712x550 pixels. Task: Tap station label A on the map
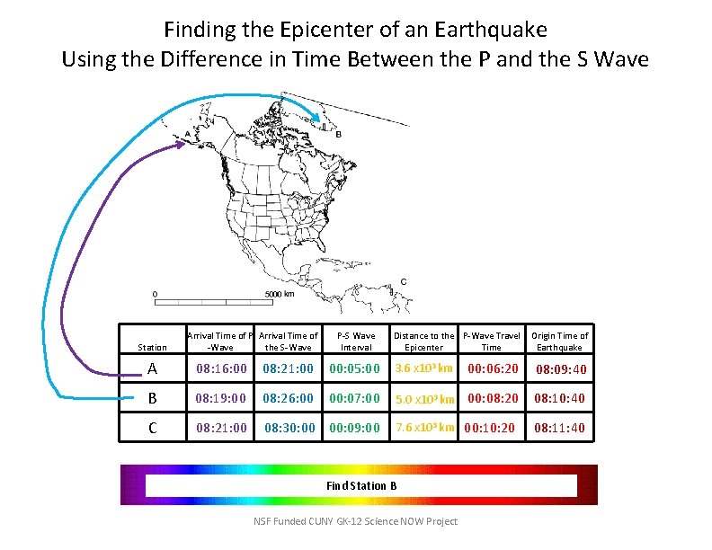tap(186, 136)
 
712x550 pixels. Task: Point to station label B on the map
tap(338, 136)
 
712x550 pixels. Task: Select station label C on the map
tap(403, 281)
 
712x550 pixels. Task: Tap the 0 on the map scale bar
tap(155, 294)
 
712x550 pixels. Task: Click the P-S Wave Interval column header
tap(356, 342)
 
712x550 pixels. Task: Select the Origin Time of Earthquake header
tap(559, 342)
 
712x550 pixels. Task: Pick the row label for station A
tap(152, 368)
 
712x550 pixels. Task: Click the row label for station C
tap(152, 428)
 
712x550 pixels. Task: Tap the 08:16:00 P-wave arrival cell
tap(221, 368)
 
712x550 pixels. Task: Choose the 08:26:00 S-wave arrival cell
tap(289, 398)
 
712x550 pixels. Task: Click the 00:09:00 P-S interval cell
tap(356, 428)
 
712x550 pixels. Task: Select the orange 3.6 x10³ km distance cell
tap(423, 368)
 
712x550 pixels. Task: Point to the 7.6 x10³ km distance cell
tap(423, 427)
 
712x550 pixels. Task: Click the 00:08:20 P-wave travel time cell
tap(492, 397)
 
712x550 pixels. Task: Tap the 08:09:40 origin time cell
tap(561, 369)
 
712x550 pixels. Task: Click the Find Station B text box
tap(360, 485)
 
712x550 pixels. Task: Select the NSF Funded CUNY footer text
tap(356, 521)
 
